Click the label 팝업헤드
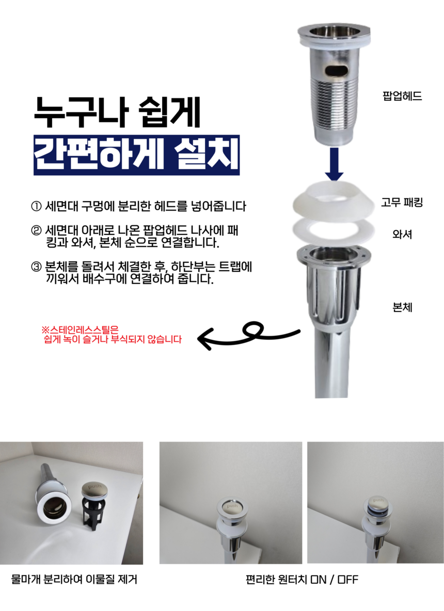[402, 96]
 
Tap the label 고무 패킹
[402, 202]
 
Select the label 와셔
[402, 234]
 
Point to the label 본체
[402, 307]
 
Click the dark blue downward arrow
[335, 164]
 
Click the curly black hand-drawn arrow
[248, 336]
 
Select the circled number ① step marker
[36, 206]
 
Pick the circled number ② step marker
[36, 230]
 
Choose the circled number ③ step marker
[36, 267]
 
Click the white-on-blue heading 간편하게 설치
[136, 155]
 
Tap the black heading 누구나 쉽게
[117, 112]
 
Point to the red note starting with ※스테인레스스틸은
[112, 335]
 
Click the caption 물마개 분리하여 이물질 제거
[74, 580]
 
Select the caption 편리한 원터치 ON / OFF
[302, 580]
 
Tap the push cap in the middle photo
[232, 506]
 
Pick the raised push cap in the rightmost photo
[378, 502]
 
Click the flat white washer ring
[334, 230]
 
